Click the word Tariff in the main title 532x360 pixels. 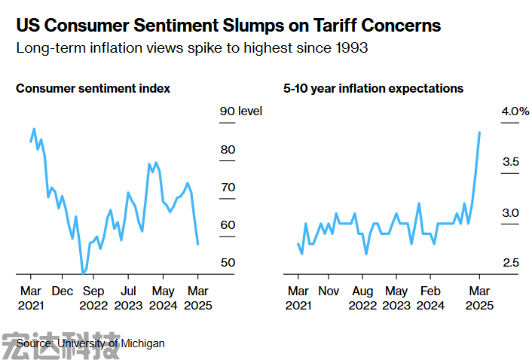coord(317,25)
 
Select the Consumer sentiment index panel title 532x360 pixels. coord(93,89)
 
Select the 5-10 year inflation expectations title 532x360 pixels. coord(373,89)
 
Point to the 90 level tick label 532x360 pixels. coord(240,111)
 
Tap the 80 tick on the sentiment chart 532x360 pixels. coord(228,150)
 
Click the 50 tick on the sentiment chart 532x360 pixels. coord(228,263)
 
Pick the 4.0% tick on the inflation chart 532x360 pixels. coord(516,111)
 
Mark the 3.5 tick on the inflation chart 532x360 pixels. coord(511,162)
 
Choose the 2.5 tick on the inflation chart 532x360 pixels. coord(511,263)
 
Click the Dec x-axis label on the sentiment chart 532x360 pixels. coord(63,291)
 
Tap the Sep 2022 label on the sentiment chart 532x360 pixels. coord(93,298)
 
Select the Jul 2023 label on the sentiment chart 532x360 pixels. coord(128,298)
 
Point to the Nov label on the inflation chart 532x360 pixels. coord(329,291)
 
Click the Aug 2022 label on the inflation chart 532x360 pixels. coord(362,298)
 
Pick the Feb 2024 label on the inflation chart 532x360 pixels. coord(430,298)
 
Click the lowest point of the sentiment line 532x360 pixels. coord(83,273)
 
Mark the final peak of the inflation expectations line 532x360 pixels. coord(480,133)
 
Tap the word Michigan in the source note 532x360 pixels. coord(142,343)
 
